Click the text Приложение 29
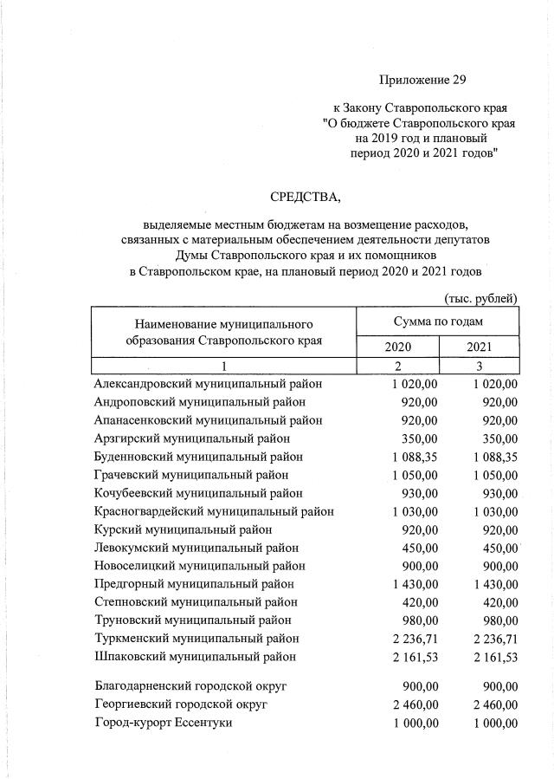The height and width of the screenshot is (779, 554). (x=422, y=81)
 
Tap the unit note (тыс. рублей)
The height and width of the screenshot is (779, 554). (x=480, y=298)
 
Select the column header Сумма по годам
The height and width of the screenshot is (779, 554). (x=437, y=321)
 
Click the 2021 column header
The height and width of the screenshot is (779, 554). (x=480, y=347)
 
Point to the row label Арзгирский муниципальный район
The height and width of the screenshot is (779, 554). (x=192, y=438)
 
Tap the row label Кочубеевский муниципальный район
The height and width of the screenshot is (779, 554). (x=199, y=493)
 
